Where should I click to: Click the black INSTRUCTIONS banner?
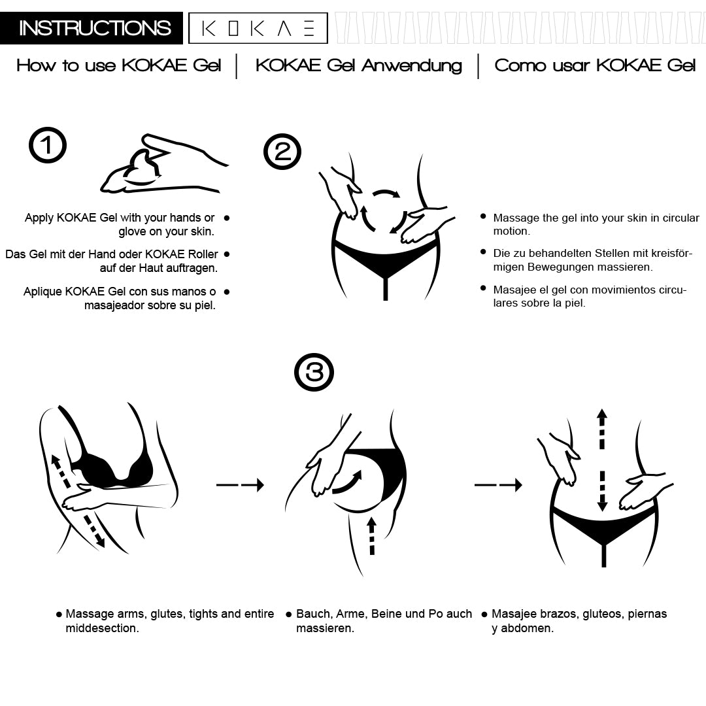coord(92,28)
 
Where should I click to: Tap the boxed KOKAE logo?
coord(258,28)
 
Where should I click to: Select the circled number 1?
coord(48,145)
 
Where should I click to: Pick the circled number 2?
coord(282,152)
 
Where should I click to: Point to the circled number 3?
coord(314,372)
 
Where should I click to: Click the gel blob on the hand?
coord(142,169)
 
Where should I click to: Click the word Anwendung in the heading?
coord(412,66)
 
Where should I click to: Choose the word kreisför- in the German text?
coord(671,253)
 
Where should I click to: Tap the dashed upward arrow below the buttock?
coord(371,536)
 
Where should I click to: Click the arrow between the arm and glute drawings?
coord(240,485)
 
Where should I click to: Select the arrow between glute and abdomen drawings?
coord(498,485)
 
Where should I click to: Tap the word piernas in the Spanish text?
coord(647,614)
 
